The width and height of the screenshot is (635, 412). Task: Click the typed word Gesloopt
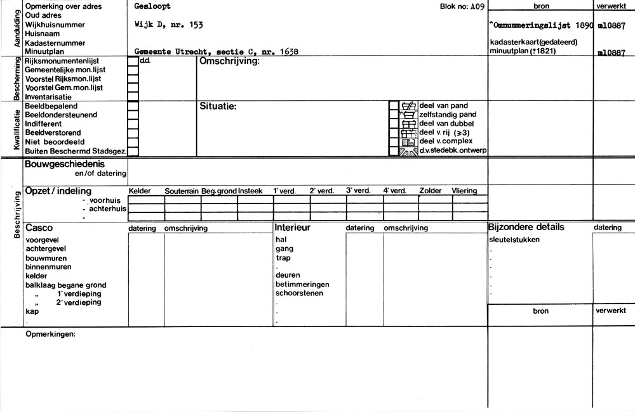152,6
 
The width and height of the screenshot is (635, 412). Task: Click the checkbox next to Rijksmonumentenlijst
133,61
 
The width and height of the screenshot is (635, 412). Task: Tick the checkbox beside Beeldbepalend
133,106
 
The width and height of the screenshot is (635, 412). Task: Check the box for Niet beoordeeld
133,142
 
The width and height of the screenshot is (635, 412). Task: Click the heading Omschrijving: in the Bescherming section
230,61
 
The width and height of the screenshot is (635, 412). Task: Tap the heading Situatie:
218,106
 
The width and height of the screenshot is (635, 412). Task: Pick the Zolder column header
431,191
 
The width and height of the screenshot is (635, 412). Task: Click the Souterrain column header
182,191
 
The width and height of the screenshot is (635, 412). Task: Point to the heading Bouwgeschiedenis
64,164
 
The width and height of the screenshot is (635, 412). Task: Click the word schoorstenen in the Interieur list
299,293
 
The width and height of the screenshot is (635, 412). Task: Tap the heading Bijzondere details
526,227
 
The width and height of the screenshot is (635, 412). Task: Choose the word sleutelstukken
514,240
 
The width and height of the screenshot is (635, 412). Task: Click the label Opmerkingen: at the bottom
50,333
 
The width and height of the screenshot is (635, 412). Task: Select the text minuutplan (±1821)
523,51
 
